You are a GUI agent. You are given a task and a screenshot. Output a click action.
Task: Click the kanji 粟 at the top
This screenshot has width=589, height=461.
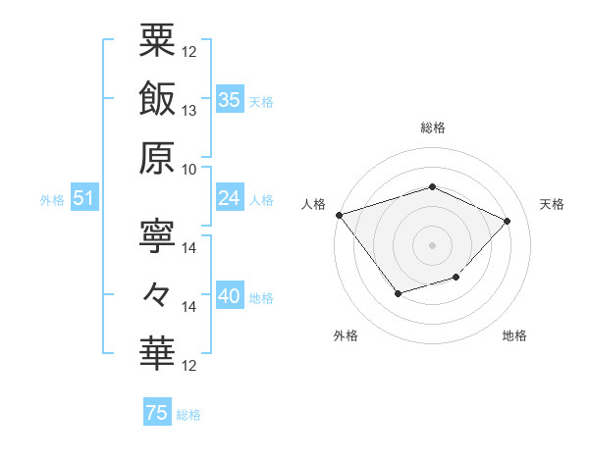click(x=157, y=40)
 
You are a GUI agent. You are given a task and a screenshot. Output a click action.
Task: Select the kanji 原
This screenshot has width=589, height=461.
click(x=157, y=157)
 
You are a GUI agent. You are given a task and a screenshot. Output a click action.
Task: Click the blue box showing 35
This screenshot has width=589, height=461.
click(x=230, y=100)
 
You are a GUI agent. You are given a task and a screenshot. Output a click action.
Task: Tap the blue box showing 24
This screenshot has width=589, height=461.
click(x=230, y=199)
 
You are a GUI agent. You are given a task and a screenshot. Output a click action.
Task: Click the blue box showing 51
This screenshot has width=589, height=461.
click(x=83, y=199)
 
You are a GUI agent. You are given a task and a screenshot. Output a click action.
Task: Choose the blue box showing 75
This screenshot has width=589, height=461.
click(x=157, y=414)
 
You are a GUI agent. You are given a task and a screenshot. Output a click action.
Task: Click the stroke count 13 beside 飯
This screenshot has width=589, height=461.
click(x=189, y=111)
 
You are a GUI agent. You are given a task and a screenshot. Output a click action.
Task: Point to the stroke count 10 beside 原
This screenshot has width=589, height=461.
click(x=189, y=170)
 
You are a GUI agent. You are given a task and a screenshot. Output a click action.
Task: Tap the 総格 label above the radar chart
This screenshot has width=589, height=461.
click(x=432, y=128)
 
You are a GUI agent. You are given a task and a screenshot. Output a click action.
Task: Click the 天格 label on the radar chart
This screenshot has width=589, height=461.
click(x=552, y=204)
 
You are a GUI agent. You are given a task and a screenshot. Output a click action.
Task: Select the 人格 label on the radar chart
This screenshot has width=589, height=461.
click(x=313, y=204)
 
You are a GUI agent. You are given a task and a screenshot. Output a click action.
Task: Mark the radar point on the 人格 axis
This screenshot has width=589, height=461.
click(x=340, y=215)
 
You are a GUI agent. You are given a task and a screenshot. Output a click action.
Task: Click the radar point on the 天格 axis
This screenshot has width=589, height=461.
click(x=507, y=221)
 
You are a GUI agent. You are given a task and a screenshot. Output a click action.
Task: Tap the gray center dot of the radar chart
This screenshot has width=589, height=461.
click(x=432, y=244)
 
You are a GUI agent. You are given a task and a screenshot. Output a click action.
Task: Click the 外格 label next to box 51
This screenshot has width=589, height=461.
click(x=52, y=200)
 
